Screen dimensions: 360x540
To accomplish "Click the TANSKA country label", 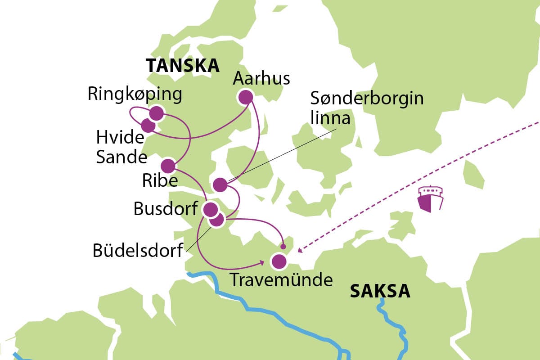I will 182,66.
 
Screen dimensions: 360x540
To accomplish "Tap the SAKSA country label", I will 380,291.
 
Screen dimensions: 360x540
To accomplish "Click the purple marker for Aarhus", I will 245,97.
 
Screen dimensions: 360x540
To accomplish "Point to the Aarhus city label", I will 261,79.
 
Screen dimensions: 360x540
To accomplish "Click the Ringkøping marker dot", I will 156,113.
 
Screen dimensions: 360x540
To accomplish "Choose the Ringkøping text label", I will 135,94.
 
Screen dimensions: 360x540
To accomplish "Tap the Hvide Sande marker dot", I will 148,125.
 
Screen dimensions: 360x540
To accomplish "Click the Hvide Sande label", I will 121,147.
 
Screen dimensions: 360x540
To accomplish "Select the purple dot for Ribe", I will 168,166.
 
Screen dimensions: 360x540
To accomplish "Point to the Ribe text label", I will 160,180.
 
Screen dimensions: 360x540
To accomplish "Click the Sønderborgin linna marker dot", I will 220,184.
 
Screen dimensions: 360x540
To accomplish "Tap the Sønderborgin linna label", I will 367,108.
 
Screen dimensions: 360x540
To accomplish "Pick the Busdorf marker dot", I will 210,209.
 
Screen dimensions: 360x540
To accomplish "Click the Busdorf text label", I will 166,209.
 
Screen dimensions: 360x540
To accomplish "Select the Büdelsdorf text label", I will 138,251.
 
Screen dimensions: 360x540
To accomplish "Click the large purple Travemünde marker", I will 279,261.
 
